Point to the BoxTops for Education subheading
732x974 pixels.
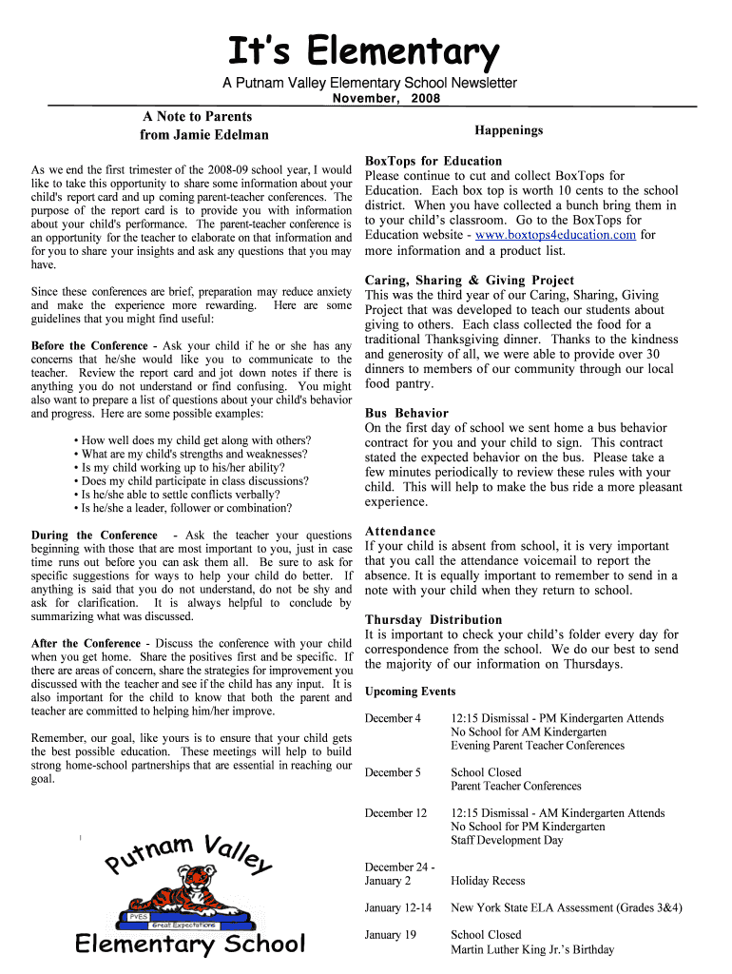[433, 161]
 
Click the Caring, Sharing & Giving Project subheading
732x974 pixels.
[470, 280]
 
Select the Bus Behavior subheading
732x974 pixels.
[406, 413]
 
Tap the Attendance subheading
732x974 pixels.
[400, 531]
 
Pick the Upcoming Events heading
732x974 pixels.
[410, 692]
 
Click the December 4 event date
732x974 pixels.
[393, 718]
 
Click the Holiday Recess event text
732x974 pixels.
[488, 881]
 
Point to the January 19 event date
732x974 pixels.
[391, 935]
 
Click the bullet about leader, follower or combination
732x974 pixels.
[186, 508]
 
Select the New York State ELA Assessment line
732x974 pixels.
[566, 908]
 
